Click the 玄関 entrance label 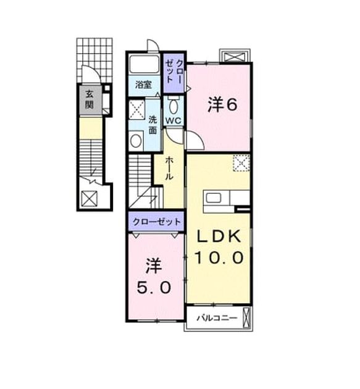[90, 99]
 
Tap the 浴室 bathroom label [143, 85]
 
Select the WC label [174, 121]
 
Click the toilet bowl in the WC [173, 106]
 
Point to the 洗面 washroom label [153, 125]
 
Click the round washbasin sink [136, 141]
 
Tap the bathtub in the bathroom [144, 64]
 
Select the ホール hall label [169, 168]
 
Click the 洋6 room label [222, 105]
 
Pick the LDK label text [219, 236]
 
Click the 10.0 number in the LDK [219, 257]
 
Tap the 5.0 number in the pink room [154, 288]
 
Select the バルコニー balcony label [217, 318]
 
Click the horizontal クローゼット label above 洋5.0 [156, 222]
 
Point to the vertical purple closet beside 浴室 [174, 73]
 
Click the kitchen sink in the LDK [214, 198]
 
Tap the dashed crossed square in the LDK [241, 163]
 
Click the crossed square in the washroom [136, 109]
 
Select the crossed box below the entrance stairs [90, 198]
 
